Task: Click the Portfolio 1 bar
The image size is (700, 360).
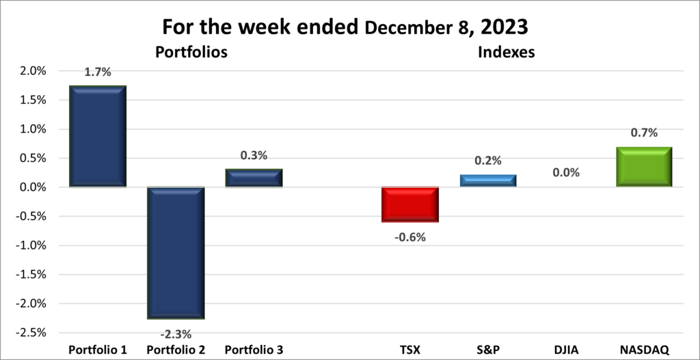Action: [98, 136]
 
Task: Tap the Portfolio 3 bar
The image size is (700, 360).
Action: [254, 178]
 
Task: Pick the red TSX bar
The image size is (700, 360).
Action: [410, 204]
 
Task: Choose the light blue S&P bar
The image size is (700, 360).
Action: [487, 180]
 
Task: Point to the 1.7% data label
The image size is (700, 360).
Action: [98, 70]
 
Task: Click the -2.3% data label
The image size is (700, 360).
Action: [176, 334]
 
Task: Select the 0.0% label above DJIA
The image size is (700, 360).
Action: [565, 173]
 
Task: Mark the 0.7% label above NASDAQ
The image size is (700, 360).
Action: [644, 133]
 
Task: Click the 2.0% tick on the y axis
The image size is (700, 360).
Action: [32, 71]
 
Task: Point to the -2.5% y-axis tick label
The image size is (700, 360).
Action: [31, 333]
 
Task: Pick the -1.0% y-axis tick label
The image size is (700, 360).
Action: [31, 245]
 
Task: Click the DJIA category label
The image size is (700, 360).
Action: [565, 350]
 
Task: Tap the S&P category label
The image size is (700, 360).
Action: [487, 350]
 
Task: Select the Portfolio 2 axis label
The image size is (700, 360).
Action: [176, 350]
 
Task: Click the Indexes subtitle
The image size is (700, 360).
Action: [507, 52]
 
